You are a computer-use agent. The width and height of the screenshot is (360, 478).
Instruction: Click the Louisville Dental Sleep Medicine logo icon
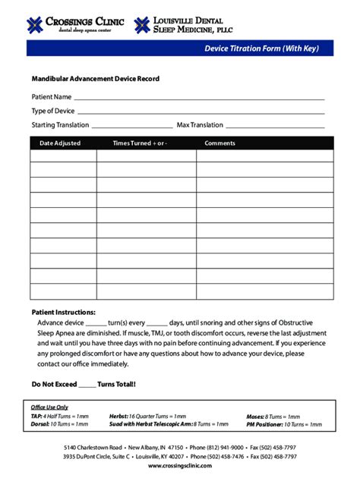(x=142, y=24)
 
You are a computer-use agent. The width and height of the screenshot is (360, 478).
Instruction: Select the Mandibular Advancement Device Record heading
(x=95, y=79)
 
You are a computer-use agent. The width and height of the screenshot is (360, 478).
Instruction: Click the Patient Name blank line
(x=199, y=98)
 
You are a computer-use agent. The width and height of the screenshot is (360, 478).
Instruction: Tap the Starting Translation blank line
(x=131, y=126)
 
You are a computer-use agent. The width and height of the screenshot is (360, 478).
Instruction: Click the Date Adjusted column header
(x=60, y=143)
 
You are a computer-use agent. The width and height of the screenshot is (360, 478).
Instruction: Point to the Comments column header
(x=220, y=143)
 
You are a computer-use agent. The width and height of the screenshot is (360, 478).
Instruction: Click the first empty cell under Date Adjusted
(x=63, y=156)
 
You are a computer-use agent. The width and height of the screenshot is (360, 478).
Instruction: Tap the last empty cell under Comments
(x=264, y=292)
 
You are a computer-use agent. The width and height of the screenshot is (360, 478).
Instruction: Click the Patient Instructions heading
(x=63, y=313)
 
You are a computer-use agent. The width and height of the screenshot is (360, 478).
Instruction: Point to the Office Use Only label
(x=49, y=407)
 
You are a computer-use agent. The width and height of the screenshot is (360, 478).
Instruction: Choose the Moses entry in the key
(x=273, y=416)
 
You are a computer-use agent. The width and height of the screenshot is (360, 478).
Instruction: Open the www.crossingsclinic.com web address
(x=180, y=467)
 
